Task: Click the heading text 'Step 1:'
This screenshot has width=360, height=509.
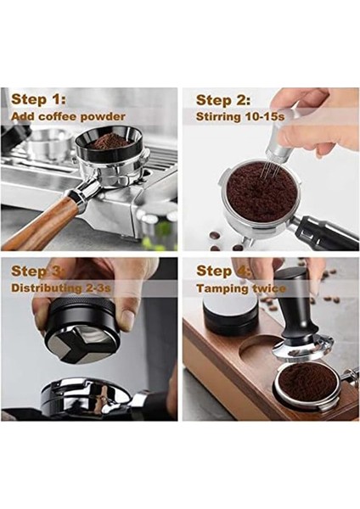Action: (x=39, y=99)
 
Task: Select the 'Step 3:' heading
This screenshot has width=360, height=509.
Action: (x=39, y=271)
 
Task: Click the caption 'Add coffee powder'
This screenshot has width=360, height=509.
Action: (x=69, y=116)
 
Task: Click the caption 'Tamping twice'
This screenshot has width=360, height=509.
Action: (x=242, y=288)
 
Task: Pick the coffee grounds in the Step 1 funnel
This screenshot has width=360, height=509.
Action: (x=111, y=141)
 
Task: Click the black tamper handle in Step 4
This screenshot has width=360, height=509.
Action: (x=292, y=318)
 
